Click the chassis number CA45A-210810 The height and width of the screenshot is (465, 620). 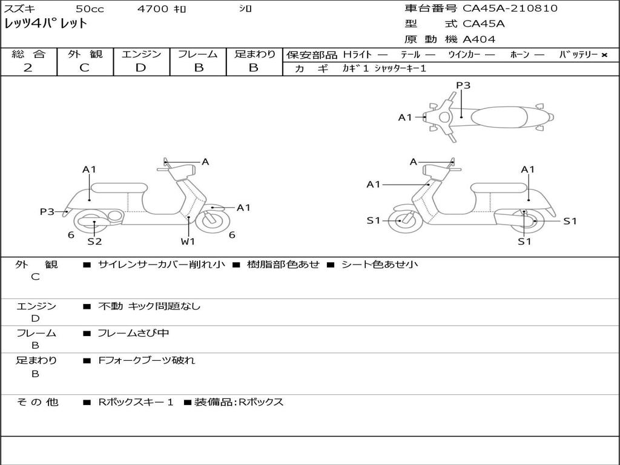click(x=510, y=8)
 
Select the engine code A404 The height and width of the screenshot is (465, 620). click(x=479, y=39)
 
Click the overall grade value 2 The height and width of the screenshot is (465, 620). click(x=28, y=68)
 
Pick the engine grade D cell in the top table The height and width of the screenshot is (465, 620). click(x=140, y=68)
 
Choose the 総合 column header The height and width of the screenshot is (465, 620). click(x=28, y=54)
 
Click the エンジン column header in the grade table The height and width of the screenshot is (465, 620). click(x=141, y=54)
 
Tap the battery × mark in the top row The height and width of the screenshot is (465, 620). click(x=604, y=55)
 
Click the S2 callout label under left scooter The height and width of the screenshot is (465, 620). click(x=94, y=242)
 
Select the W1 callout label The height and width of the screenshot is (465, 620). click(x=188, y=242)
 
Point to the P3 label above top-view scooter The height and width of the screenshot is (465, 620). click(x=463, y=85)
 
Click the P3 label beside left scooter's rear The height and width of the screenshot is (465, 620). click(x=47, y=212)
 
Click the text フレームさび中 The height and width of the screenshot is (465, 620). click(x=133, y=333)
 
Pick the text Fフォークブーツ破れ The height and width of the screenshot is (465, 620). click(x=147, y=360)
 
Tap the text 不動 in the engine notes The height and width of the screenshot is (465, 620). click(x=110, y=306)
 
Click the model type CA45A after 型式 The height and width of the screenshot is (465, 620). click(x=484, y=24)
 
